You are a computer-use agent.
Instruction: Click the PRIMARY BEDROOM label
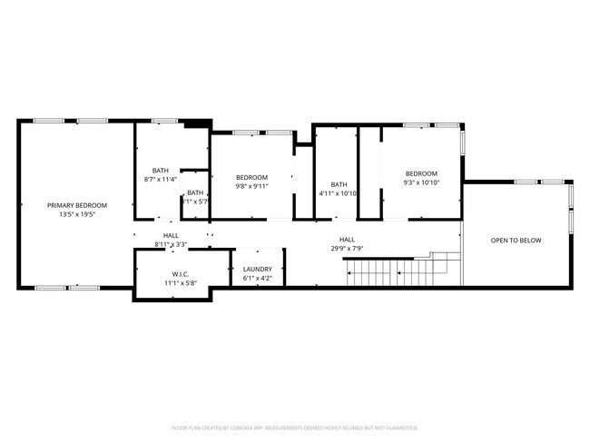tap(77, 205)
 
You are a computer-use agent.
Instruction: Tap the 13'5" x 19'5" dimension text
tap(77, 215)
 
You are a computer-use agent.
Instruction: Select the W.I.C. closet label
tap(180, 273)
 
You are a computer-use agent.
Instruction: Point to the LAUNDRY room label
tap(258, 269)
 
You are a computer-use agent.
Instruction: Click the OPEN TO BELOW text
tap(516, 241)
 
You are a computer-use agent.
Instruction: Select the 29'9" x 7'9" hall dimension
tap(347, 248)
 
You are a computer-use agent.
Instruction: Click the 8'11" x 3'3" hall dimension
tap(171, 244)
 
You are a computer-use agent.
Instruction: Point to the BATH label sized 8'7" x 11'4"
tap(160, 170)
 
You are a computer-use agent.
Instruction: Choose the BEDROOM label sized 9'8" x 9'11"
tap(251, 177)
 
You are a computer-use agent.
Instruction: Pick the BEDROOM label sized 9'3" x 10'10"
tap(421, 173)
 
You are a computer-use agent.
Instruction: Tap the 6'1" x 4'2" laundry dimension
tap(258, 279)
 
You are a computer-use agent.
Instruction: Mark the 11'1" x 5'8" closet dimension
tap(180, 283)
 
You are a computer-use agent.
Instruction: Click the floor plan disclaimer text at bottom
tap(295, 427)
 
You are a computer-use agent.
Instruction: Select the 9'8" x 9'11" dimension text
tap(251, 187)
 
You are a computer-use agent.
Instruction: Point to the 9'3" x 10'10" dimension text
tap(421, 183)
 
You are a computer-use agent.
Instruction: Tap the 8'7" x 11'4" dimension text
tap(160, 180)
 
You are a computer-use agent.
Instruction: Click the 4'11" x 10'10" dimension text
tap(339, 193)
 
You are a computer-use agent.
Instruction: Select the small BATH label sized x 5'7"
tap(195, 192)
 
